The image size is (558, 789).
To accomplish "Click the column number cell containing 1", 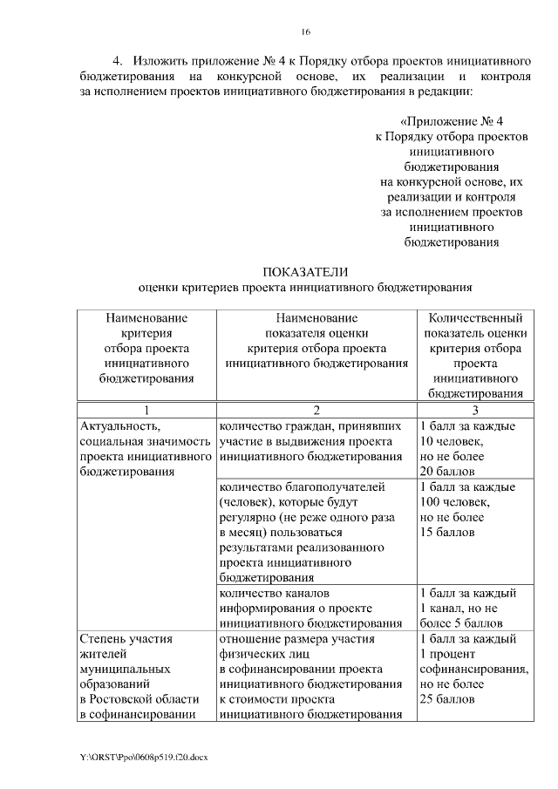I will coord(146,411).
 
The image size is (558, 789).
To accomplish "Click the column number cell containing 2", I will coord(316,411).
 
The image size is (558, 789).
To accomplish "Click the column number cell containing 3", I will coord(475,411).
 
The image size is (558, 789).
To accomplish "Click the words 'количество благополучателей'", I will coord(302,486).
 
